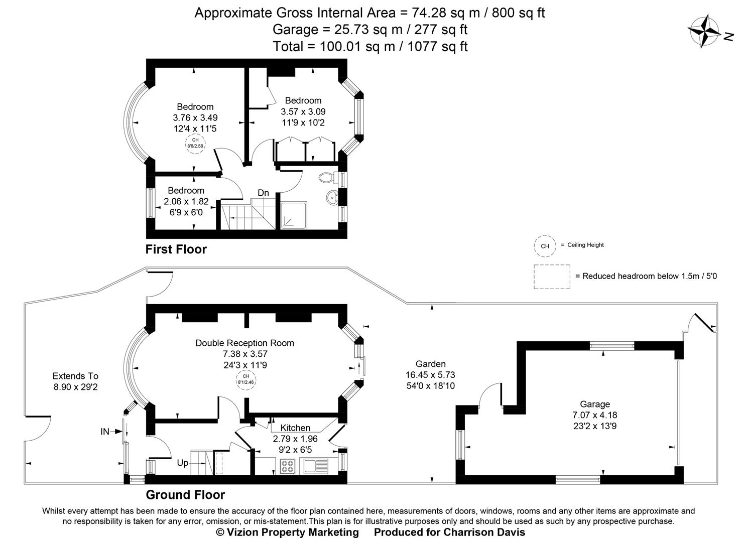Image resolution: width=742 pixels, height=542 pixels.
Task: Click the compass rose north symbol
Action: pos(705,31)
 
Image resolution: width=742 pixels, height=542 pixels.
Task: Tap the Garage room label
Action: pos(595,404)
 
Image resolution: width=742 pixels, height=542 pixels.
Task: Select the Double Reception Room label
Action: pos(244,343)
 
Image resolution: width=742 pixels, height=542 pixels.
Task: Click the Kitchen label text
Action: pos(295,428)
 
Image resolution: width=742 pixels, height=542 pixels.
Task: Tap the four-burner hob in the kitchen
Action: pos(288,466)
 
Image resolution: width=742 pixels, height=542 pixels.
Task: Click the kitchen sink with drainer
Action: pos(314,466)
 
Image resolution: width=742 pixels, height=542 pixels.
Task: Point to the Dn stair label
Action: pos(263,193)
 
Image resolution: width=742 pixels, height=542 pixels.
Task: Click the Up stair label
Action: pos(183,463)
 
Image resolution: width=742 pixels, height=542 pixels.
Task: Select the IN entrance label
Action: pos(105,432)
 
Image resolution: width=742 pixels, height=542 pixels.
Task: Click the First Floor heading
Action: pos(176,249)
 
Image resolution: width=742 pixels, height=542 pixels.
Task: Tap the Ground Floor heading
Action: pos(185,495)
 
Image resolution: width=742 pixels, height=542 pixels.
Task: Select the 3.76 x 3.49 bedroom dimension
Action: pos(195,118)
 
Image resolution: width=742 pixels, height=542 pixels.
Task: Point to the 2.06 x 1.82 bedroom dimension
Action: pos(186,202)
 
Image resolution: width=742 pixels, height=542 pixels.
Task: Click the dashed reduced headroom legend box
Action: pos(552,277)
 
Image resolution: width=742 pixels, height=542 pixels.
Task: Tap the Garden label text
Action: pos(430,364)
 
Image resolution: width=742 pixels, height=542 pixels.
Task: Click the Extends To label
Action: pos(75,376)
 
